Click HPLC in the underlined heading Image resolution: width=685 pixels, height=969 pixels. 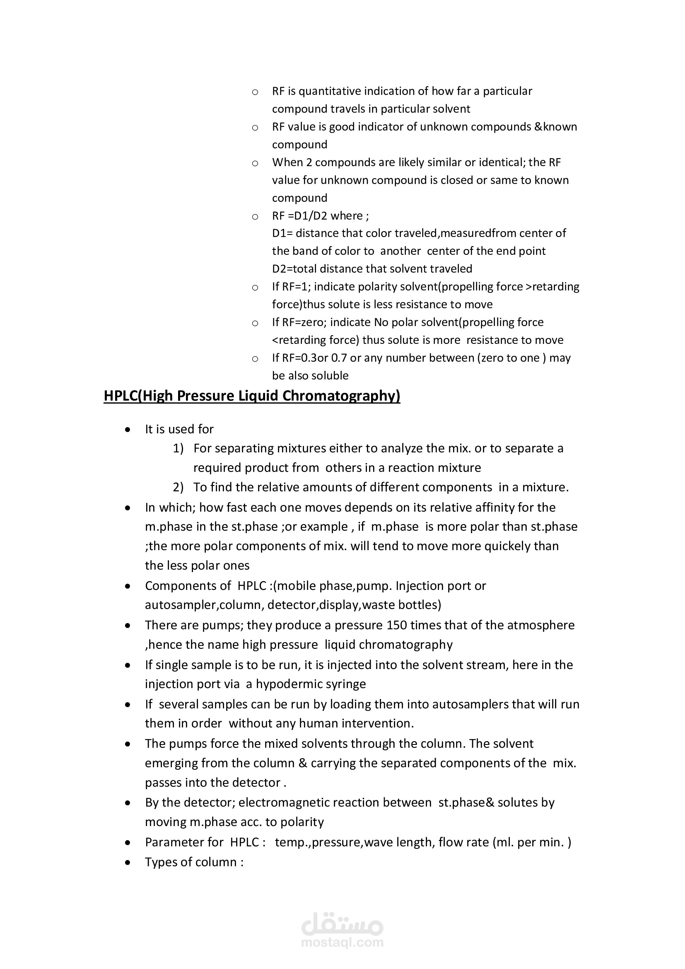pos(120,396)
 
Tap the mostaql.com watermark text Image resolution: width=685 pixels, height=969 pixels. pos(342,942)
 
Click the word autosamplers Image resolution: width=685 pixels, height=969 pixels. pos(470,704)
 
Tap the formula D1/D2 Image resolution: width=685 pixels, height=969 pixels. pos(308,216)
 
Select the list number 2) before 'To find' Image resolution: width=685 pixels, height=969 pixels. pos(178,488)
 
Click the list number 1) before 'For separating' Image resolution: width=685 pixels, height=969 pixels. pos(178,448)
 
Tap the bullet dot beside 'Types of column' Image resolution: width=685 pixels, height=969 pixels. pos(128,862)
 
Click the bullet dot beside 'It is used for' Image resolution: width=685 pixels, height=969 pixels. pos(128,430)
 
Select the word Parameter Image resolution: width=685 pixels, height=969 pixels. pos(170,842)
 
